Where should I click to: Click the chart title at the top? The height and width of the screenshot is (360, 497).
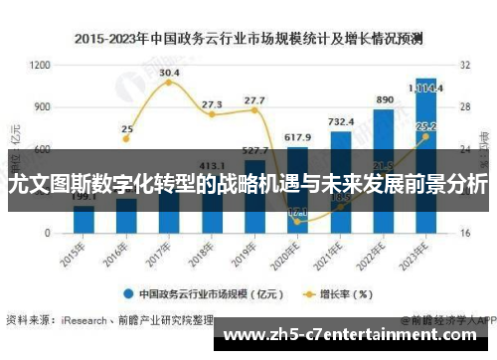point(248,39)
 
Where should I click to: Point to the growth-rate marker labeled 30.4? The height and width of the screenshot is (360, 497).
point(169,83)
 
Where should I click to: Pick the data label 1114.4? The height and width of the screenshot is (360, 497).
point(429,87)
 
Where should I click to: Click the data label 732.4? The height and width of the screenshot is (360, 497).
point(341,122)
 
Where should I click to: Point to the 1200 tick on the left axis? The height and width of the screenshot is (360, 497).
point(40,65)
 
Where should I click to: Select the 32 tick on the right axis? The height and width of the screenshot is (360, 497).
point(464,65)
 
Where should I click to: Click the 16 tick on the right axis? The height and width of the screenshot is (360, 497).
point(464,232)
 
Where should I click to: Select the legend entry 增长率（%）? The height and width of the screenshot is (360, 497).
point(338,293)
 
